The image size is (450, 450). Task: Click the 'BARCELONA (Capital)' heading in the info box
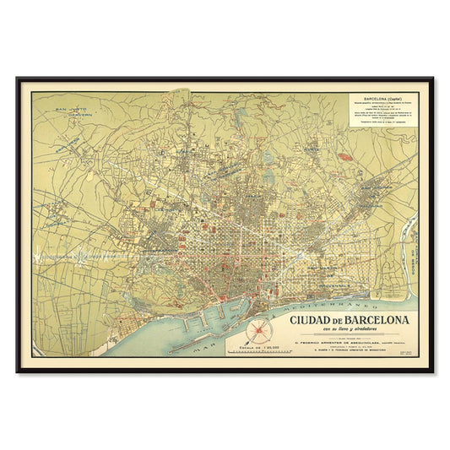(x=382, y=98)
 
